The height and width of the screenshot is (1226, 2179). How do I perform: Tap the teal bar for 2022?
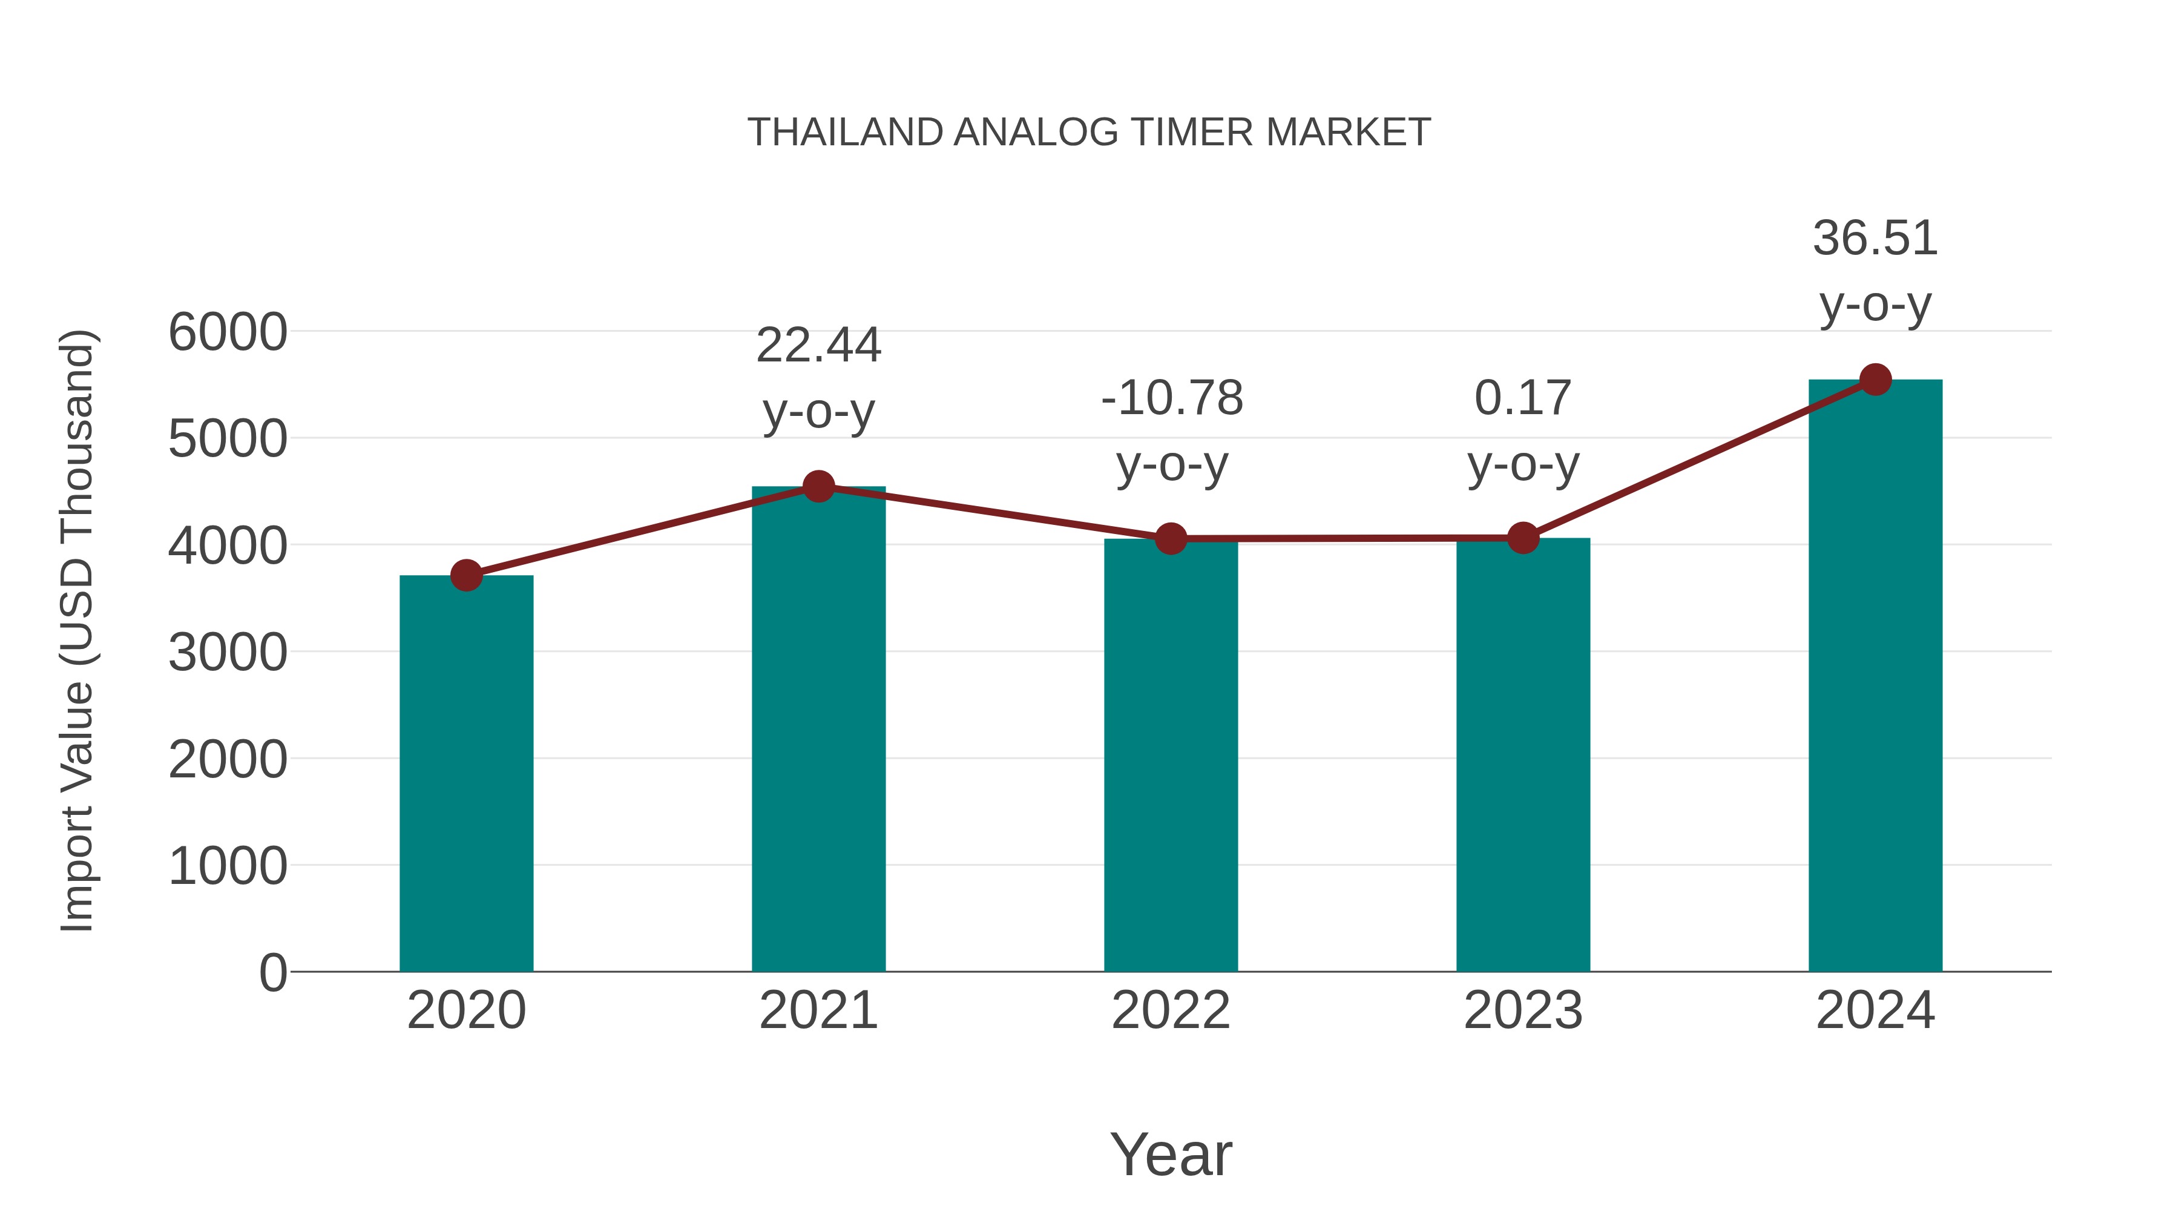point(1171,755)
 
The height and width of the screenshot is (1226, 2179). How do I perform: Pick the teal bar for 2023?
point(1523,755)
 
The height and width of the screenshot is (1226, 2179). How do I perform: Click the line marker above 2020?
point(466,575)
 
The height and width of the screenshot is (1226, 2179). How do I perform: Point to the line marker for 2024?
point(1875,380)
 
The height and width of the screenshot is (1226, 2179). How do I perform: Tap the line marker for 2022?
point(1171,538)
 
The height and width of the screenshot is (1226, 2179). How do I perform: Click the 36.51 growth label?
point(1875,239)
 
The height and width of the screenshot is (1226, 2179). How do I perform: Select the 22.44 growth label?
point(818,346)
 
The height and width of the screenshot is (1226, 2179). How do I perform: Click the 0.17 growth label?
point(1523,398)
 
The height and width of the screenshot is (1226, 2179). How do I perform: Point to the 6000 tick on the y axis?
point(228,332)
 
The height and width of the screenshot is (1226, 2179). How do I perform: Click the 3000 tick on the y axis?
point(228,653)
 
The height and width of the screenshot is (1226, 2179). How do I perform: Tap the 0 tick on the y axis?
point(272,973)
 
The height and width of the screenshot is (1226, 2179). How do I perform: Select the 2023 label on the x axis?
point(1523,1011)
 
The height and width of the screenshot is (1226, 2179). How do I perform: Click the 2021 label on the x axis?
point(818,1011)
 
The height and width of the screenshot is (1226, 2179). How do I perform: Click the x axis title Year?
point(1171,1155)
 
